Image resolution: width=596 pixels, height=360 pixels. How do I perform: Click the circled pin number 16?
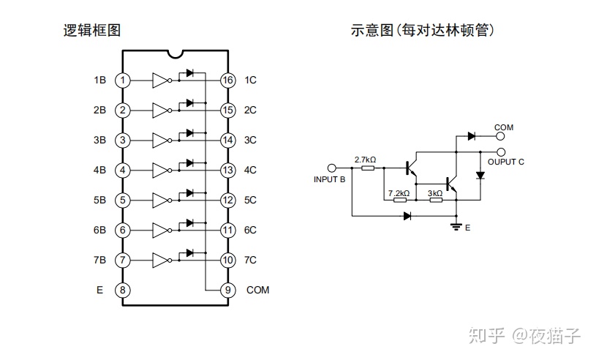tap(228, 80)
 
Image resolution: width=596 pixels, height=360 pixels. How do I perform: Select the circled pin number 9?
tap(228, 290)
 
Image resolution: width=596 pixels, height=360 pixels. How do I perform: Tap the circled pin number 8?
tap(123, 290)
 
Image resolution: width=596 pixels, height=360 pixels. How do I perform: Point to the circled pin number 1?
tap(123, 80)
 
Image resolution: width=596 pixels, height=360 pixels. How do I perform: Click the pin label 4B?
tap(99, 170)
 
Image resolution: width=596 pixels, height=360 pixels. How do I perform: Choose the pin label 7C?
tap(250, 260)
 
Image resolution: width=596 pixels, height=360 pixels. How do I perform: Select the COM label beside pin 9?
tap(257, 290)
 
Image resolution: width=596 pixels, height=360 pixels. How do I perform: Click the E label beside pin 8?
tap(99, 290)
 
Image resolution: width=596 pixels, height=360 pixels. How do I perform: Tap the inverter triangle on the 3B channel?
tap(160, 140)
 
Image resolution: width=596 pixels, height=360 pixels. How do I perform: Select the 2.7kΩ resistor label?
tap(365, 160)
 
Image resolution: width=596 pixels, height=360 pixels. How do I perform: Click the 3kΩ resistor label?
tap(434, 193)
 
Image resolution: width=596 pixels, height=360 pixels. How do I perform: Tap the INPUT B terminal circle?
tap(331, 168)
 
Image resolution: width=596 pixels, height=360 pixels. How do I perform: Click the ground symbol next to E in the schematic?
tap(456, 226)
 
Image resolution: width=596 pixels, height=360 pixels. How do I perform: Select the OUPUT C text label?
tap(505, 162)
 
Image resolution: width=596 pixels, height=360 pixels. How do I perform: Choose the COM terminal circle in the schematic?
tap(501, 135)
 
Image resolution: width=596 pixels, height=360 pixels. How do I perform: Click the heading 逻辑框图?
tap(91, 31)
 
